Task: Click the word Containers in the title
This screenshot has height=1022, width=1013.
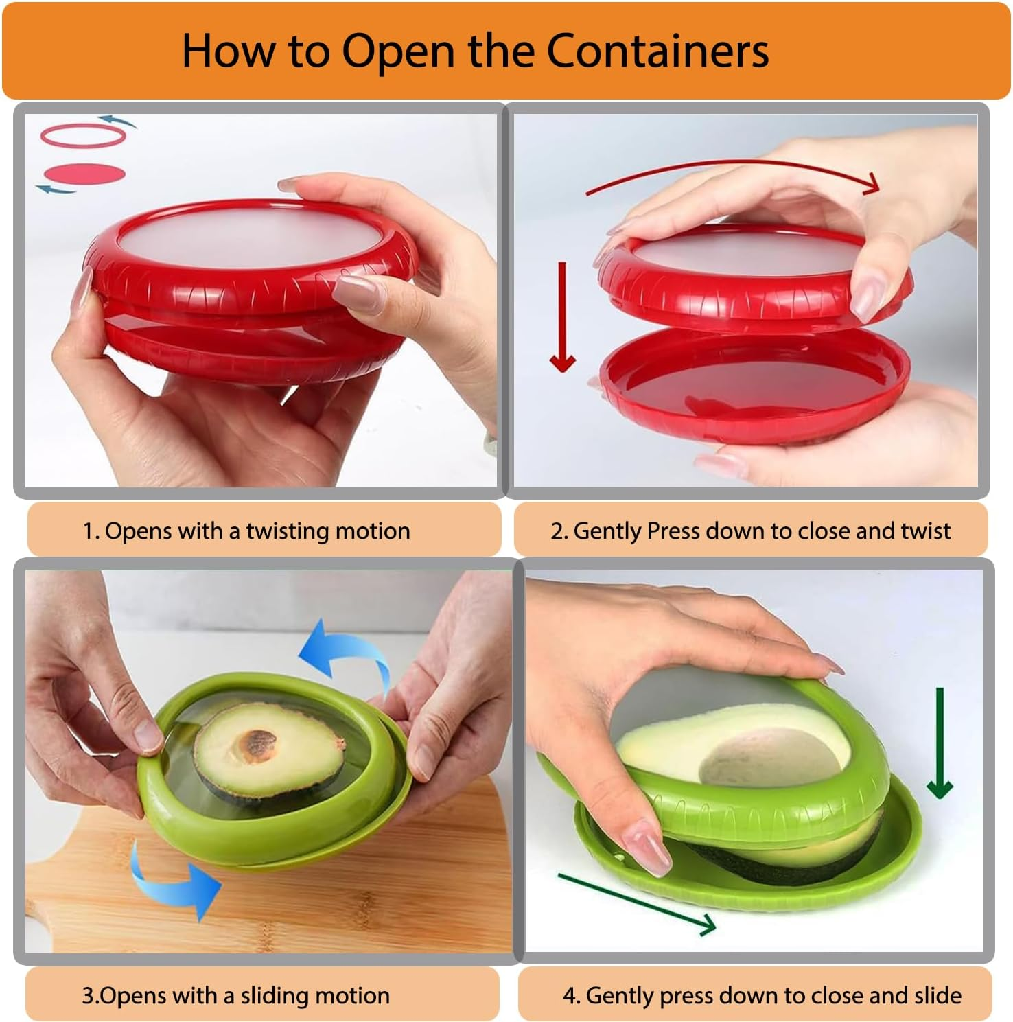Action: (657, 51)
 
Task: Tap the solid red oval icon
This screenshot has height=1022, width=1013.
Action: (83, 173)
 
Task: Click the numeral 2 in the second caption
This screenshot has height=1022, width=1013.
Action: (557, 531)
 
